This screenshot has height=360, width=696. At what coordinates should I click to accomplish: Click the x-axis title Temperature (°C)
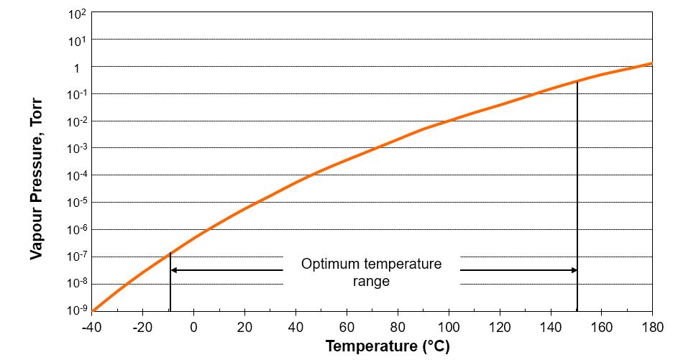point(387,346)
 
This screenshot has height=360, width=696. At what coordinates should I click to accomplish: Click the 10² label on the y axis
point(78,14)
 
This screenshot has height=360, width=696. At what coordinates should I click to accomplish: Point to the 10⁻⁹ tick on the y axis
point(77,310)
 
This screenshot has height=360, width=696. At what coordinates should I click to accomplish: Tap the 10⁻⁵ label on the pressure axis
point(77,202)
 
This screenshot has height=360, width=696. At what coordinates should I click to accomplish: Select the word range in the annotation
point(371,281)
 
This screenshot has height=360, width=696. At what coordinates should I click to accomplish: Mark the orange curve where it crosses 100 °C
point(449,121)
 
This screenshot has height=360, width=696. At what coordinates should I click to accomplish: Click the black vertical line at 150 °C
point(577,201)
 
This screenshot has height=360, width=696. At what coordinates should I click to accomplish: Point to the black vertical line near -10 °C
point(170,284)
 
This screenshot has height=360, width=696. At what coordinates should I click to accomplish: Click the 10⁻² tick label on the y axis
point(77,121)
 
